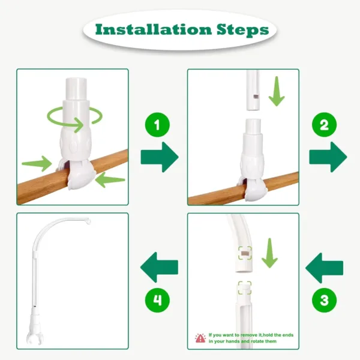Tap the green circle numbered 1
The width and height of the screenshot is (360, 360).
(x=158, y=125)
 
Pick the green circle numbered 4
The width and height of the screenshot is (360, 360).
(x=158, y=298)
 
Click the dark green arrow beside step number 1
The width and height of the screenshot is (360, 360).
(x=160, y=158)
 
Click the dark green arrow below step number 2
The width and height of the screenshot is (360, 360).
(x=328, y=157)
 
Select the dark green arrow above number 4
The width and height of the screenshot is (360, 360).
(x=158, y=267)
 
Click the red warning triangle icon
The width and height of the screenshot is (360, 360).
(x=200, y=338)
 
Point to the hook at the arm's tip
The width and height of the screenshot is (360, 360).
(x=89, y=223)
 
